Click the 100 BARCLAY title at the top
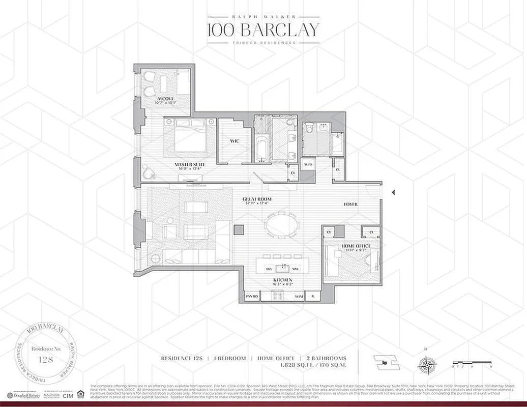pyautogui.click(x=263, y=30)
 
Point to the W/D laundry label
pyautogui.click(x=308, y=165)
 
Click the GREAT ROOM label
pyautogui.click(x=257, y=199)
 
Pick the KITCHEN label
pyautogui.click(x=281, y=280)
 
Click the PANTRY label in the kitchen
pyautogui.click(x=252, y=297)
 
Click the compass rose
pyautogui.click(x=426, y=365)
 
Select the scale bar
pyautogui.click(x=473, y=364)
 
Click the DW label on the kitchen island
pyautogui.click(x=269, y=268)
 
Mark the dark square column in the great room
pyautogui.click(x=239, y=229)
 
